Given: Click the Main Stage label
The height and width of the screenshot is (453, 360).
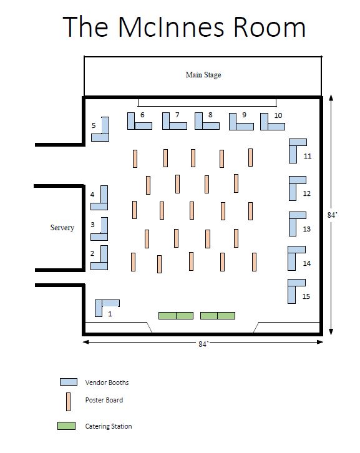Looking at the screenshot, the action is [203, 75].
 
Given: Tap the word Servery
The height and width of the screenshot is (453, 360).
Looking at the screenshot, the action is [62, 228].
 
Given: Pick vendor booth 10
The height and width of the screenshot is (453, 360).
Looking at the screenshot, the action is [264, 126].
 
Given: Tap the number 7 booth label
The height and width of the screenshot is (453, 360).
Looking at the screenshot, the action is [177, 115].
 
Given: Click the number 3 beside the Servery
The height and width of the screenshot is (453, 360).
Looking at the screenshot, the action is [92, 225].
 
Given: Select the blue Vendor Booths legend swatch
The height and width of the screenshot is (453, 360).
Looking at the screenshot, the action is [69, 382].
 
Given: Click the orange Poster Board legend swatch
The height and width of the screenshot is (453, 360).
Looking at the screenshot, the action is [68, 402].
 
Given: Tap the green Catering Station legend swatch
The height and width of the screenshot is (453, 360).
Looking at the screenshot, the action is [67, 426].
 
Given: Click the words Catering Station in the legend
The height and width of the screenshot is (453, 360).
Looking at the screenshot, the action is [109, 426].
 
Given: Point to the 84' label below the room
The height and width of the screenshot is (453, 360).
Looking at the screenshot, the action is [203, 344].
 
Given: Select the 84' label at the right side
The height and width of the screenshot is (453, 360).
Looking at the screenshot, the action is [333, 215].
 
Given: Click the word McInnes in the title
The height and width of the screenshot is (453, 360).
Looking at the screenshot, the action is [171, 27].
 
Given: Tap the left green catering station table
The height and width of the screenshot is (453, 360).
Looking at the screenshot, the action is [176, 316].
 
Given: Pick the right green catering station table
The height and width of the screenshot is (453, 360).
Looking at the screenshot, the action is [218, 316].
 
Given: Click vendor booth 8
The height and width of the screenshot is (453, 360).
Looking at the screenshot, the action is [198, 126].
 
